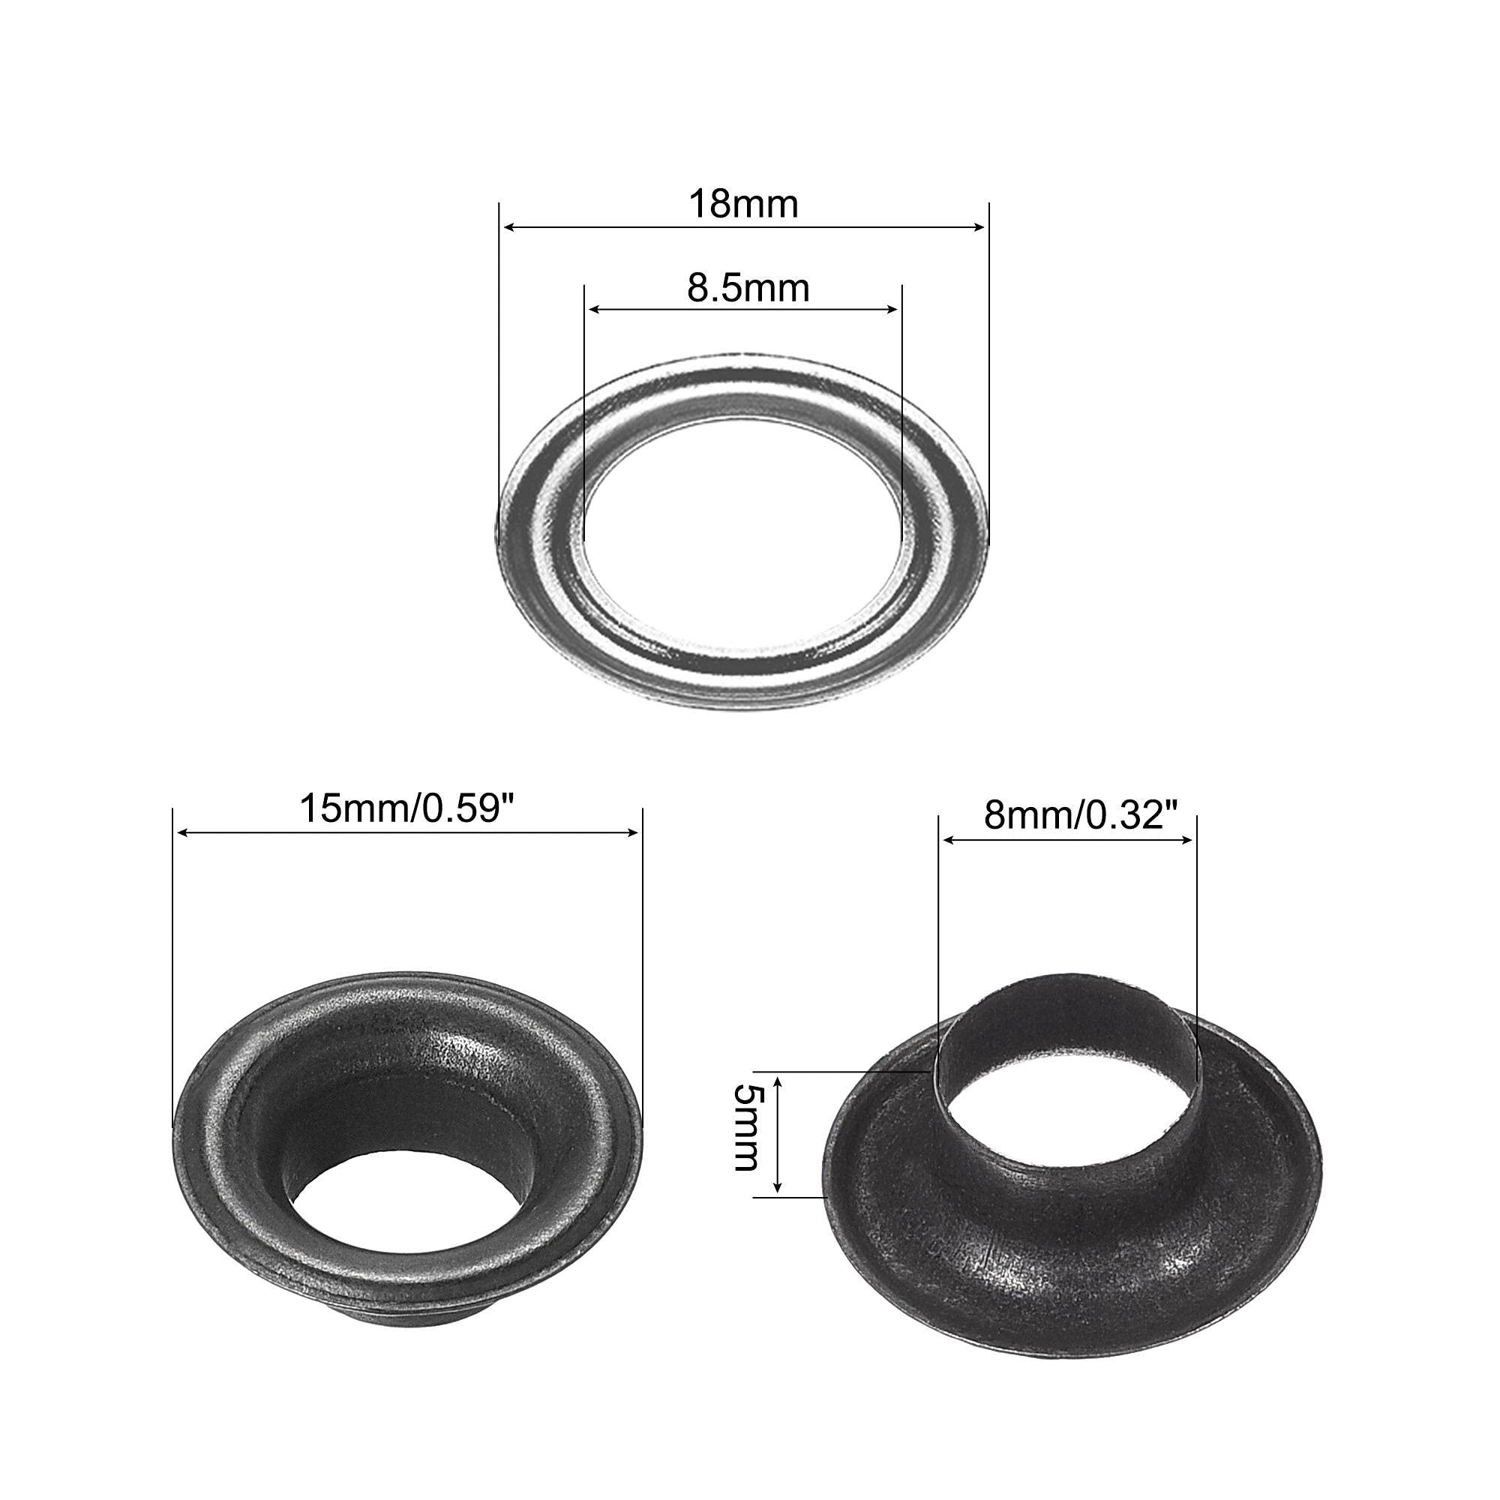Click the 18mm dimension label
point(743,204)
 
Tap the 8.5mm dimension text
point(748,288)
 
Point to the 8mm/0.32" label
point(1081,816)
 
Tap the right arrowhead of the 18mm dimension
point(977,227)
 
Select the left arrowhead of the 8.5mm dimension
point(596,310)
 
